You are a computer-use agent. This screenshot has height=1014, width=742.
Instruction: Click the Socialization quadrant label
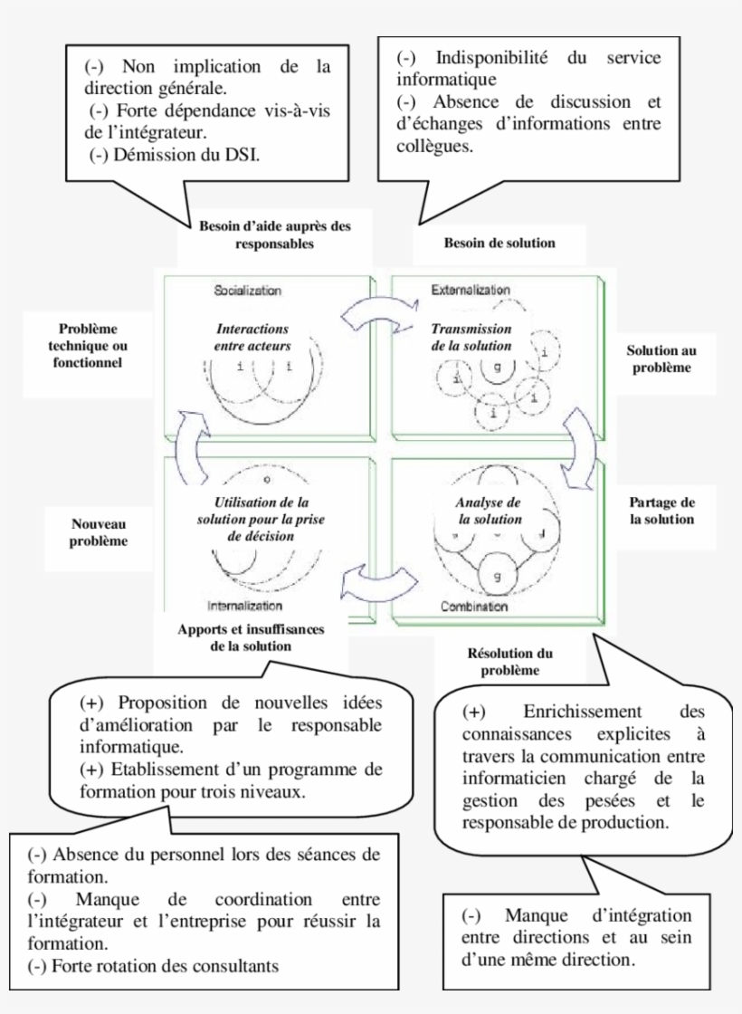247,291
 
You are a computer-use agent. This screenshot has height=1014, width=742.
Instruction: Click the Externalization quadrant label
471,290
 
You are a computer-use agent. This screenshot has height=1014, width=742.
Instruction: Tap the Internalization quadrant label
244,606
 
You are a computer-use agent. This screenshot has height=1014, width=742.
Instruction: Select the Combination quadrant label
473,606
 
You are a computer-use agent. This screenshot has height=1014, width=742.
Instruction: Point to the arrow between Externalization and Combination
583,440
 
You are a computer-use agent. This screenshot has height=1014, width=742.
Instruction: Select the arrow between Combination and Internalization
378,584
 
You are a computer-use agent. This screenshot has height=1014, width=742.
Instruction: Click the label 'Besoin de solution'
499,243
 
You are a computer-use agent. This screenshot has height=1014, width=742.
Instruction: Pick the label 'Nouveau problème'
100,532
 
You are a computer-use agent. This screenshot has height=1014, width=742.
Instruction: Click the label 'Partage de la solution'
661,511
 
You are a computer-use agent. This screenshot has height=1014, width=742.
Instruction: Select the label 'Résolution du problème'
510,662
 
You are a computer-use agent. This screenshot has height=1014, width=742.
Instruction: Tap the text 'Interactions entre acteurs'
252,337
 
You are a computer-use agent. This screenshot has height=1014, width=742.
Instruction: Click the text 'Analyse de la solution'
490,511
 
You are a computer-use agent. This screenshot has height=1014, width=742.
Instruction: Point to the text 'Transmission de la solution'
471,337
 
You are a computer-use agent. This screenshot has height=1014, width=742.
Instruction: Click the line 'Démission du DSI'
177,155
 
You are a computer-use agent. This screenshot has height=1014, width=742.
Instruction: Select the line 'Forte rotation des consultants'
154,965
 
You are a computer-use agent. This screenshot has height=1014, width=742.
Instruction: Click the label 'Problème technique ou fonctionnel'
88,345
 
